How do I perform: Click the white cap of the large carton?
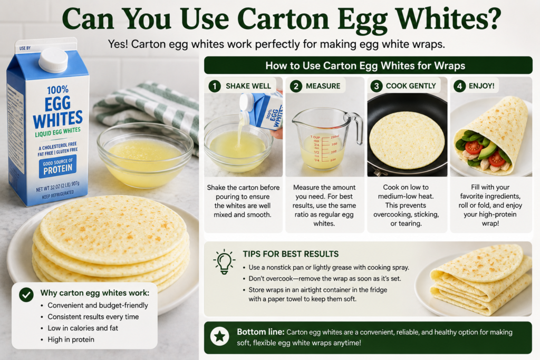53,60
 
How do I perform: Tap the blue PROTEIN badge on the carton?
57,166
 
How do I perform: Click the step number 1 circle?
215,86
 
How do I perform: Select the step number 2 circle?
296,86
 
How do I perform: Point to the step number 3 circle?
377,86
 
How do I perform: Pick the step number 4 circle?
459,86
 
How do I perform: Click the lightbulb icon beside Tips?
224,261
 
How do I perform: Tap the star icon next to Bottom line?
220,336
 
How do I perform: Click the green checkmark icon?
26,295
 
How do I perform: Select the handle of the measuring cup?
357,128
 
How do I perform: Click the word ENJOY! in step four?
481,86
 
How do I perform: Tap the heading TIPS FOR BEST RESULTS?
291,254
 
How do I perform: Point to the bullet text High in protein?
71,339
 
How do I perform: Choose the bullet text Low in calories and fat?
83,328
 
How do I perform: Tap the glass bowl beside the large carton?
145,155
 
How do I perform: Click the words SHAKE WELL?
248,86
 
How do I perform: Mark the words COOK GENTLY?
411,86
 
